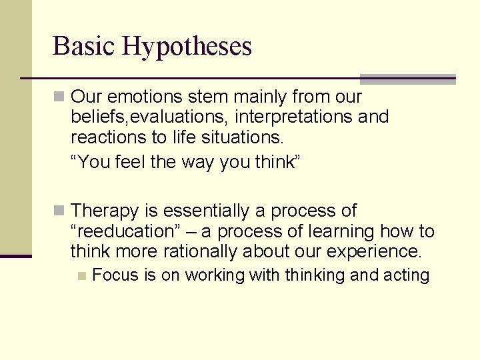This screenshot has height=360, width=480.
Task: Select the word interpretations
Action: pyautogui.click(x=293, y=117)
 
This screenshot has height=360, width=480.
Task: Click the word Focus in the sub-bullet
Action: pyautogui.click(x=116, y=275)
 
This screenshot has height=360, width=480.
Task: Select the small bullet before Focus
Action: pyautogui.click(x=81, y=275)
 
